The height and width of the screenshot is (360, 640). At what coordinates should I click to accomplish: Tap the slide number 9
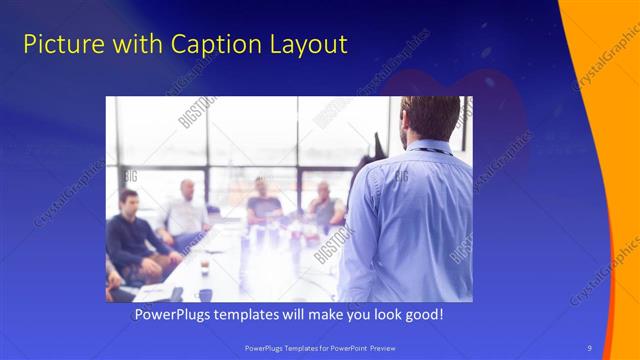coord(590,347)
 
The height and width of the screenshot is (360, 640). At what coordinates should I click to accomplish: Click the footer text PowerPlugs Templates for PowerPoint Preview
coord(320,347)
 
